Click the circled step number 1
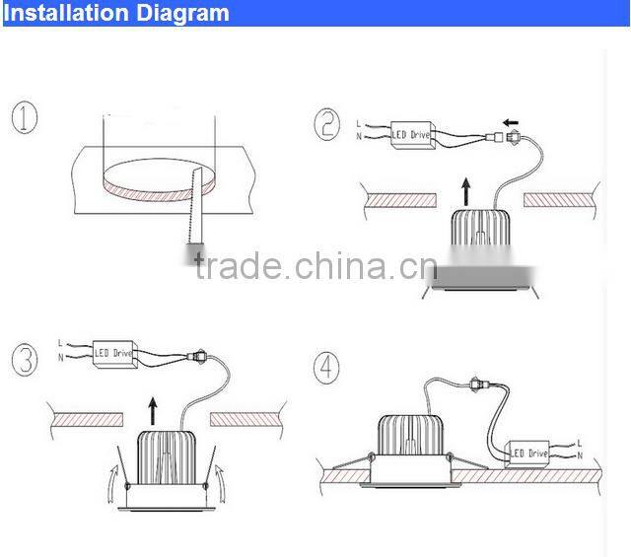point(26,119)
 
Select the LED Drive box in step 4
point(526,453)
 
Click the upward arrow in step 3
point(152,408)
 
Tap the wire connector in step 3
point(203,351)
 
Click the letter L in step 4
point(578,443)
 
